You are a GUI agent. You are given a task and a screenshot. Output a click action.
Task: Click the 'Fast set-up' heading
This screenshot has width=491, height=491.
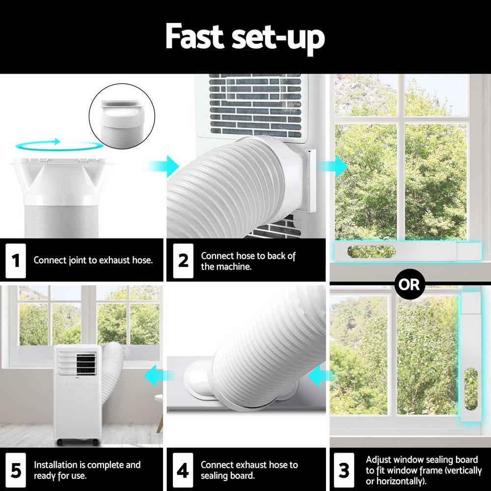click(x=245, y=37)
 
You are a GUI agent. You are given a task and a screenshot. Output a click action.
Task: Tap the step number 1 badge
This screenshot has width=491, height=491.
click(x=15, y=260)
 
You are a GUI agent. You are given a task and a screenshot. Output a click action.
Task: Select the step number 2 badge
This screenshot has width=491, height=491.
click(x=183, y=260)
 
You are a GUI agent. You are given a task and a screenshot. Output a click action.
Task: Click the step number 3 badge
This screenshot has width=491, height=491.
click(x=344, y=470)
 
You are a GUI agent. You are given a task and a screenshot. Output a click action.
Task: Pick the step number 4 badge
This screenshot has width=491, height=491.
click(x=183, y=470)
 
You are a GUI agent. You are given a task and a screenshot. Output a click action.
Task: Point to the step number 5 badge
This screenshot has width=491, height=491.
click(x=15, y=470)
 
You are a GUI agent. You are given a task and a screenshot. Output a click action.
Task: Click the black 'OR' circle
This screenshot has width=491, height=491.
click(x=409, y=284)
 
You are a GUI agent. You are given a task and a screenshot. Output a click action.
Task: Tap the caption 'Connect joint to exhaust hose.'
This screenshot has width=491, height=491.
click(x=93, y=260)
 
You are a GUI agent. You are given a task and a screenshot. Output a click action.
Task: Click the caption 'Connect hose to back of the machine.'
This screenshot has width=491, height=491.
click(x=248, y=261)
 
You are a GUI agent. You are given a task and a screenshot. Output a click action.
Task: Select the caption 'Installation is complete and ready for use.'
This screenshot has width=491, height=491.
click(x=87, y=470)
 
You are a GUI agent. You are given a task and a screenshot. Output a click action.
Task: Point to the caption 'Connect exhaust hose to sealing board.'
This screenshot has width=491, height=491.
click(x=249, y=470)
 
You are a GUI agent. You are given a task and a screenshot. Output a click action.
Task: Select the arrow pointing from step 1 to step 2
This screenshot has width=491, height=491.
click(x=170, y=166)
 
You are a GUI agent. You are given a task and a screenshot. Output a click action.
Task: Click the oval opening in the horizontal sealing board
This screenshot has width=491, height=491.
click(x=372, y=252)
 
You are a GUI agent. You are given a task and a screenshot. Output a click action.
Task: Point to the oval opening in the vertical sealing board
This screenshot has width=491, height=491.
click(x=470, y=389)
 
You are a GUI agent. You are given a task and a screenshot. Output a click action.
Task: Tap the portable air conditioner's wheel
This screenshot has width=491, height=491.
click(x=60, y=442)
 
